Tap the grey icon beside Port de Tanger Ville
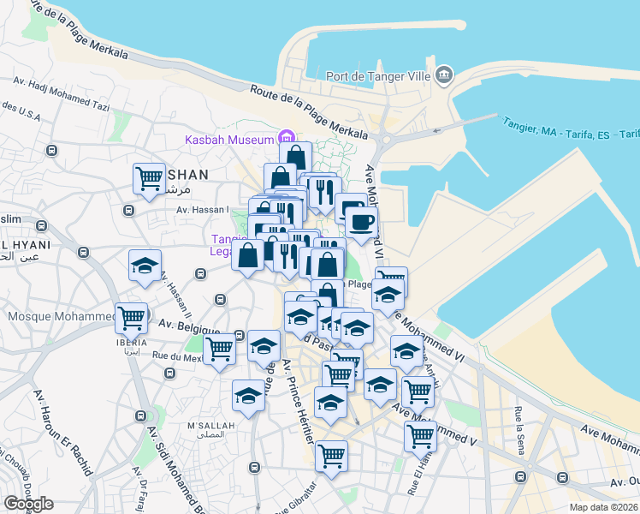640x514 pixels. pyautogui.click(x=444, y=75)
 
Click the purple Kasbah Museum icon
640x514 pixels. pyautogui.click(x=286, y=138)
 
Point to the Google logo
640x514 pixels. pyautogui.click(x=28, y=504)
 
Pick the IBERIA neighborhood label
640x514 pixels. pyautogui.click(x=130, y=338)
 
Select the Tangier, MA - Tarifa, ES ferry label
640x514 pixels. pyautogui.click(x=572, y=128)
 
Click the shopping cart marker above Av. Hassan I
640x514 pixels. pyautogui.click(x=149, y=178)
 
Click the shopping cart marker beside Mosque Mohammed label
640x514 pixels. pyautogui.click(x=132, y=318)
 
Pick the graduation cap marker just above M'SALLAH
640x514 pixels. pyautogui.click(x=248, y=395)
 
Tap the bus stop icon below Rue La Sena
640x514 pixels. pyautogui.click(x=519, y=476)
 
